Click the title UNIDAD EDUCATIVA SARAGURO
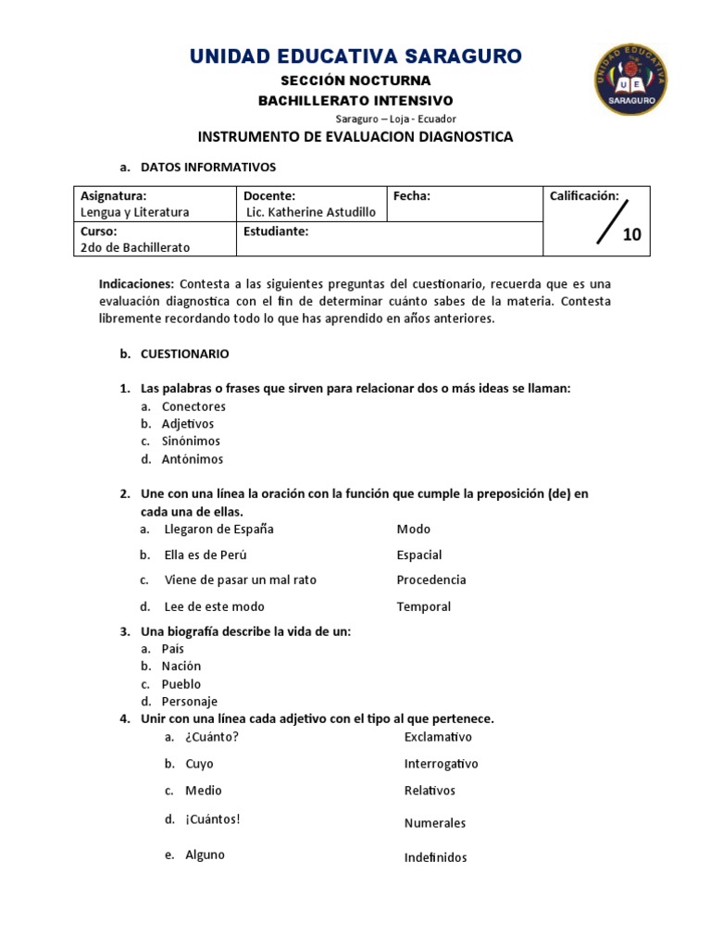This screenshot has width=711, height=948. (355, 56)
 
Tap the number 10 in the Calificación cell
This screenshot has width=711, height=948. (631, 234)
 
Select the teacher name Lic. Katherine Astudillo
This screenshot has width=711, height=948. (311, 212)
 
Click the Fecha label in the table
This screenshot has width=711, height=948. (412, 195)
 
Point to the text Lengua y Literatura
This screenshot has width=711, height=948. (135, 212)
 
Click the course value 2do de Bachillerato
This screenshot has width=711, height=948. (135, 247)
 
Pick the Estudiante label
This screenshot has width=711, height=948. (276, 231)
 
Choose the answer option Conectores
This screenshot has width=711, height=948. (193, 406)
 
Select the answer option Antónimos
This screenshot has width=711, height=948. (193, 459)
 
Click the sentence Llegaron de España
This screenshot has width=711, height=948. (218, 530)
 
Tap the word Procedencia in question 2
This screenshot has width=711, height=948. (431, 580)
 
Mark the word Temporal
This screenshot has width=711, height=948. (424, 607)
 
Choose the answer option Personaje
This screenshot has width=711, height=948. (190, 702)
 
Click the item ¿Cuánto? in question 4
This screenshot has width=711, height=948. (212, 737)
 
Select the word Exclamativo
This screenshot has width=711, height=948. (438, 737)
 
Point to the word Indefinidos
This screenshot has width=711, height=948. (436, 857)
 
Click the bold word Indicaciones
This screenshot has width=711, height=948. (136, 283)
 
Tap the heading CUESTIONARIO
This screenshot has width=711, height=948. (184, 354)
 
